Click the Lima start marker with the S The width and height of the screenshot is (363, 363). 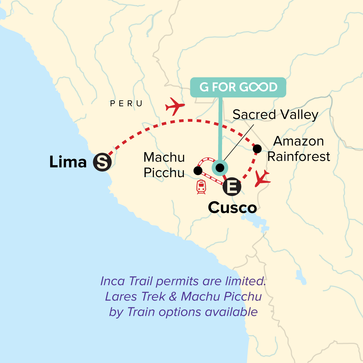tap(102, 162)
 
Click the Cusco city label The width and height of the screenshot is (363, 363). tap(232, 208)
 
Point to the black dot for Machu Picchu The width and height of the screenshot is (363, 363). tap(198, 171)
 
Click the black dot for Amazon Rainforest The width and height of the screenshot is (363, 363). tap(257, 149)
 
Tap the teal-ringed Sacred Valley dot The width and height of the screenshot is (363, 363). tap(220, 167)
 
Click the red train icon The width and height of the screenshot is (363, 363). tap(201, 187)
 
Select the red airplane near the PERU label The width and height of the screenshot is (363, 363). tap(175, 106)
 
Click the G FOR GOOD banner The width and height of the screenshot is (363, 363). tap(238, 87)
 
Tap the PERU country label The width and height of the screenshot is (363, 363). tap(126, 104)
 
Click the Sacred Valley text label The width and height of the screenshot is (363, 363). tap(275, 115)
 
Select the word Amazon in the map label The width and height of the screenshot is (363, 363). tap(299, 141)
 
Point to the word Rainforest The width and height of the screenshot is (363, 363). tap(299, 157)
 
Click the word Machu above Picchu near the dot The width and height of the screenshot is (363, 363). tap(164, 157)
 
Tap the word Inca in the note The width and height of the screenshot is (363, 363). tap(112, 281)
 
